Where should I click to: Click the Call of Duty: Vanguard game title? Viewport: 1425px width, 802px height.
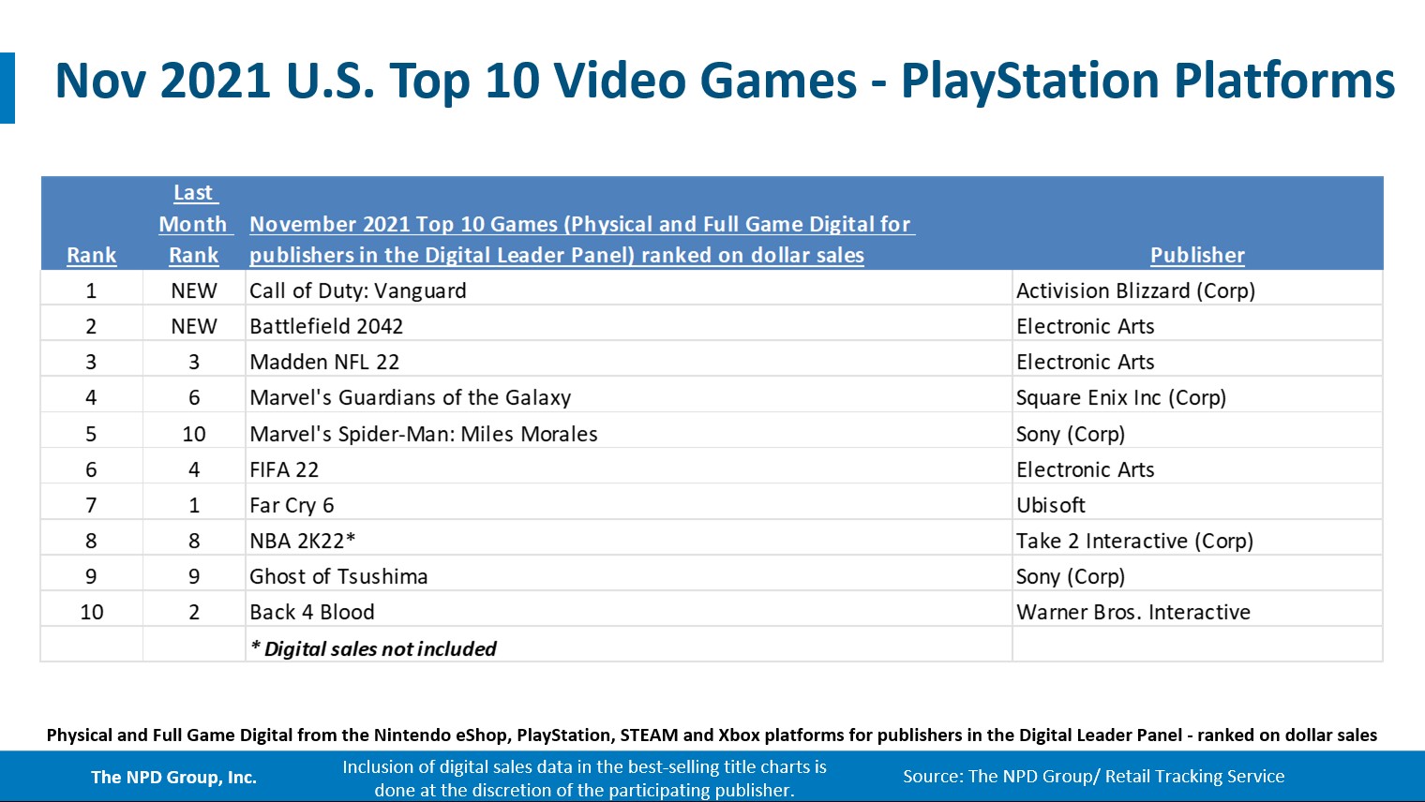click(357, 290)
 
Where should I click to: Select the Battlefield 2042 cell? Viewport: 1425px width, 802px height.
click(326, 326)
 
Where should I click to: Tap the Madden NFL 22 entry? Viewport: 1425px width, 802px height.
click(324, 362)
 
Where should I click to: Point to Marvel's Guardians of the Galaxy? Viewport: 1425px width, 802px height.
click(410, 397)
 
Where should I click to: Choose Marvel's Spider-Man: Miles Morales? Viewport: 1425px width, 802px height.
click(423, 434)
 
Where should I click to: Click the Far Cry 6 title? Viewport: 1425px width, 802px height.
click(292, 505)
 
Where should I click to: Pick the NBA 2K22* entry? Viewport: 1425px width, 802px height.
click(302, 541)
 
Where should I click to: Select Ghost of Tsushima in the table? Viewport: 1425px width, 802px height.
click(338, 576)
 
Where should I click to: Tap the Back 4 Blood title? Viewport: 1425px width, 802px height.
click(312, 612)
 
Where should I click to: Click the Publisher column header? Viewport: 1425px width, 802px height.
click(1197, 255)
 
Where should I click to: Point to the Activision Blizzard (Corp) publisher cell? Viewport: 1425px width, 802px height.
click(1135, 290)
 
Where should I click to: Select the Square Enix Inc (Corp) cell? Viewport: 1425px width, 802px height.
click(1120, 397)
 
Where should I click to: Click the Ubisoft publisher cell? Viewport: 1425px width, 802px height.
click(1051, 505)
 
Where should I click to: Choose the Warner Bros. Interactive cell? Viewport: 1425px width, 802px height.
click(1133, 612)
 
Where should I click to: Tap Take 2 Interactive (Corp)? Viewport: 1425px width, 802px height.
click(1134, 541)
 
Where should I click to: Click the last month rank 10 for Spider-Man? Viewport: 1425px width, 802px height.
click(194, 434)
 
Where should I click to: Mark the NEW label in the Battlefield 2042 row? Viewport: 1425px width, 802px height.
click(194, 326)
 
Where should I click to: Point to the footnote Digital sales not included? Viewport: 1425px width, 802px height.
click(373, 648)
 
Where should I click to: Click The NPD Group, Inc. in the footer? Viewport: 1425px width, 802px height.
click(173, 777)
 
